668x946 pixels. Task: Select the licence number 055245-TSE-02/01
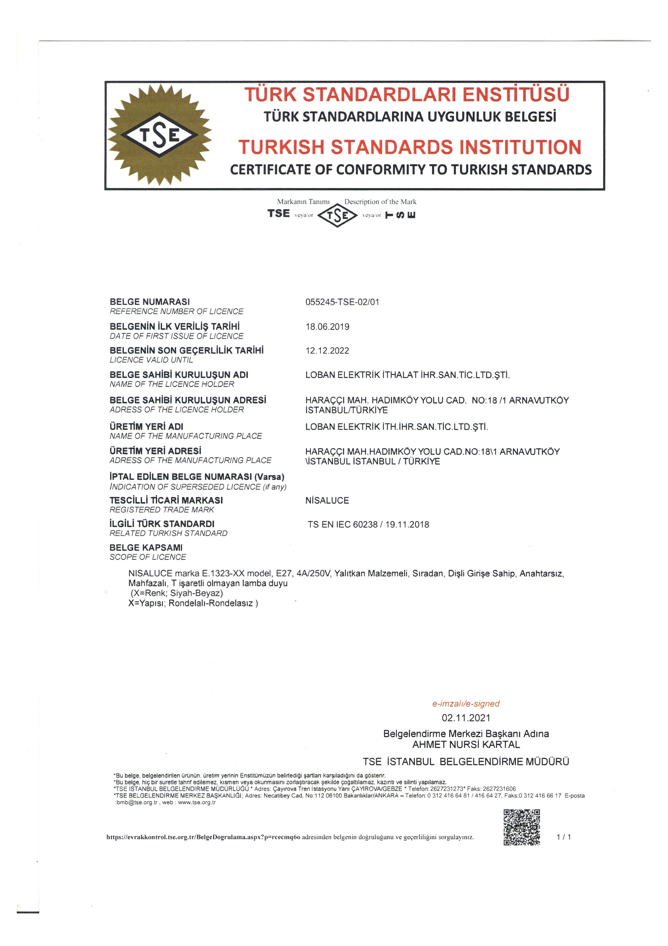(x=342, y=302)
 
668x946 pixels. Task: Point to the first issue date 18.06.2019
(x=327, y=327)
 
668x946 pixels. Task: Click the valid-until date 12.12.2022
(x=327, y=351)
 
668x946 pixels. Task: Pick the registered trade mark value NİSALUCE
(x=327, y=500)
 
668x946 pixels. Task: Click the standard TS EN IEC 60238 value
(x=368, y=524)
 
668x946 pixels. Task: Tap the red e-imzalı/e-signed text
(x=465, y=703)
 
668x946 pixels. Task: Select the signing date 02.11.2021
(x=466, y=718)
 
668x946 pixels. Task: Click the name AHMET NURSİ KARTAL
(x=466, y=745)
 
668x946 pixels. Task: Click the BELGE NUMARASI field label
(x=150, y=302)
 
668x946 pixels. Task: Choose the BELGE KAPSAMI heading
(x=146, y=548)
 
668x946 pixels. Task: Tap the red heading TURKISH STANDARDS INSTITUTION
(x=410, y=147)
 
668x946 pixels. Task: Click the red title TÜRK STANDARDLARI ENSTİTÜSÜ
(x=407, y=94)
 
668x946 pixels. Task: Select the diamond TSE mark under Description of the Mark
(x=337, y=215)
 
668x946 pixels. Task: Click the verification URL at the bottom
(x=203, y=837)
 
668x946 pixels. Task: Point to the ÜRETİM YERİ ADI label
(x=146, y=426)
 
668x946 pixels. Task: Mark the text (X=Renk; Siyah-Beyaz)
(x=177, y=593)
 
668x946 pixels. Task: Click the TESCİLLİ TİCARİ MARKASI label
(x=166, y=500)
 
